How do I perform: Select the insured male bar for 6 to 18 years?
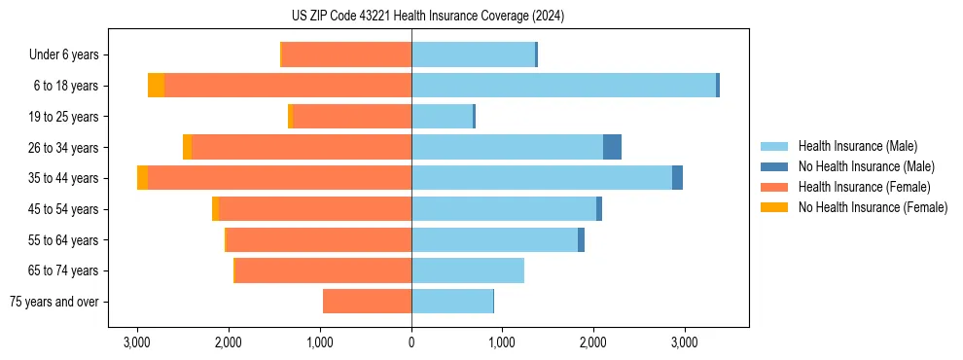[x=563, y=86]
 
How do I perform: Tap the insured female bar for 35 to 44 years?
[x=279, y=178]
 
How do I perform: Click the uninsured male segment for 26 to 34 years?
[x=612, y=147]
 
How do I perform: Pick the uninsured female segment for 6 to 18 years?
[x=156, y=86]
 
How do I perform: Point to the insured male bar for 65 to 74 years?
[x=468, y=270]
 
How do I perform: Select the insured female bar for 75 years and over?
[x=367, y=302]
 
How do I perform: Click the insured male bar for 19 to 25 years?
[x=442, y=117]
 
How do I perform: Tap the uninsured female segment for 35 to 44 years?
[x=143, y=178]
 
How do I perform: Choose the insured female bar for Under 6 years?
[x=346, y=54]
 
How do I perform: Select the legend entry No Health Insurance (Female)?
[x=873, y=207]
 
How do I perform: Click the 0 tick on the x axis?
[x=411, y=342]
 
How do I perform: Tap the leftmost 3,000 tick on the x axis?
[x=137, y=342]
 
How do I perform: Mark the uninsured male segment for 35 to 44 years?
[x=677, y=178]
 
